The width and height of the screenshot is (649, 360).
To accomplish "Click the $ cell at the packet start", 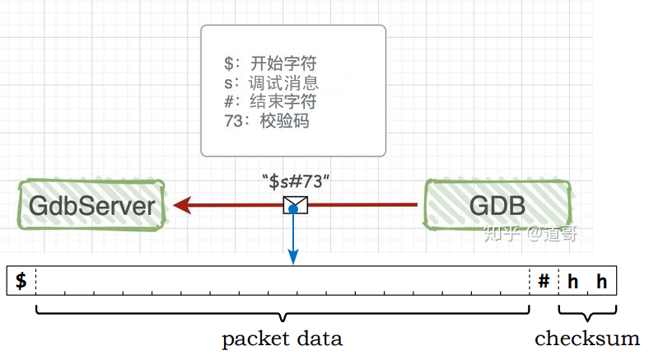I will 21,281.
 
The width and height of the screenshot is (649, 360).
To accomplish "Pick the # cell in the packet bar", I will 544,282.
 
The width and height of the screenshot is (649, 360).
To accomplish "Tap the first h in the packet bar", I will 572,282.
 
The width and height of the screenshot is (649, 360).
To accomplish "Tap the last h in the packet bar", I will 602,282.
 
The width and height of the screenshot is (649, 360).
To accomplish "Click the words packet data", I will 282,339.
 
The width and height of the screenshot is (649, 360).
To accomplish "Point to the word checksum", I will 587,339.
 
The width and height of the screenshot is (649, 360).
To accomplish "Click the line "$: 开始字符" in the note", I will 270,63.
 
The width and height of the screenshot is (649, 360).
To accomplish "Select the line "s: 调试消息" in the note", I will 271,82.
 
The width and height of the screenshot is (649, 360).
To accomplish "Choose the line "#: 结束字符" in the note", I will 270,101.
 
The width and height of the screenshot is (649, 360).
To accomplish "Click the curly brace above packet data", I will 282,314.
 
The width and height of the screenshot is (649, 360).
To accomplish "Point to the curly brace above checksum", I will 587,314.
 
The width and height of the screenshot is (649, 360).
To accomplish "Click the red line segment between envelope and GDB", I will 362,204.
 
